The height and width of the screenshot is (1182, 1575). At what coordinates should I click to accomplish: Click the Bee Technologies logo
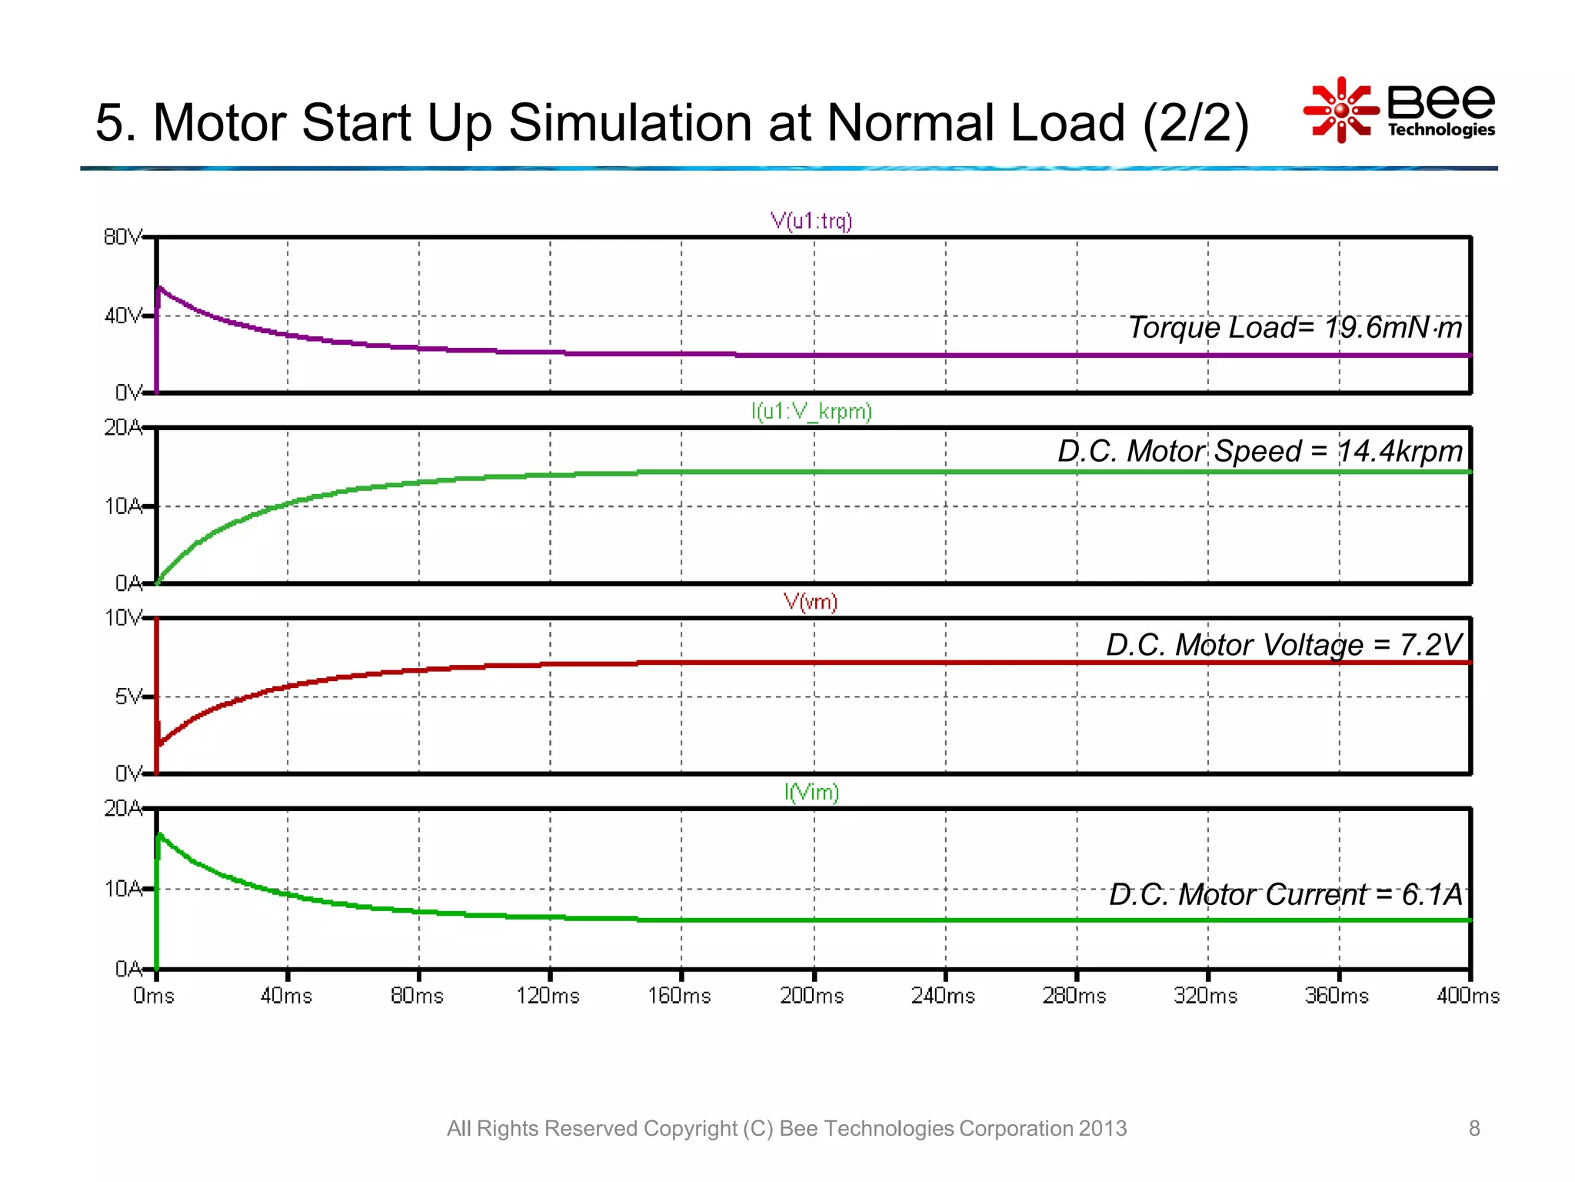tap(1400, 110)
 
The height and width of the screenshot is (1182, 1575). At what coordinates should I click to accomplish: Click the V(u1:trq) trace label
tap(811, 222)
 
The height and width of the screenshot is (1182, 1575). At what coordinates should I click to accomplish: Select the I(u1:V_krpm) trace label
tap(811, 412)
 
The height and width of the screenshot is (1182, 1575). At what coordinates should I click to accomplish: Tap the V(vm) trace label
tap(811, 602)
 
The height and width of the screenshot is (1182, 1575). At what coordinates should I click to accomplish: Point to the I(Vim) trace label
tap(811, 792)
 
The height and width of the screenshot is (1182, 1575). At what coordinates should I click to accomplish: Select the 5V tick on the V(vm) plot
tap(128, 697)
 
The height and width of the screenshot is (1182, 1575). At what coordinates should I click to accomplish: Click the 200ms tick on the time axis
tap(812, 996)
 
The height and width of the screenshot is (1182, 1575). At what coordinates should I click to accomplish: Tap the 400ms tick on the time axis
tap(1467, 996)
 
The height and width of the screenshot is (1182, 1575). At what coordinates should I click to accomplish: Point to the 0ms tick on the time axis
tap(154, 996)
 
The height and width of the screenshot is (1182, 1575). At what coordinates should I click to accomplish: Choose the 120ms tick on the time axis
tap(548, 996)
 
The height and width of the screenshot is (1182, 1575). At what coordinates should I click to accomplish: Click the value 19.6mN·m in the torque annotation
tap(1393, 328)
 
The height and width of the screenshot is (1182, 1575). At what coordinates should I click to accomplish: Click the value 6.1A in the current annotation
tap(1431, 895)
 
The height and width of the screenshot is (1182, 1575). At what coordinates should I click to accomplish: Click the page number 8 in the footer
tap(1474, 1128)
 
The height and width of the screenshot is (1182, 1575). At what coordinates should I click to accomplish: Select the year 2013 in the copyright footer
tap(1103, 1128)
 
